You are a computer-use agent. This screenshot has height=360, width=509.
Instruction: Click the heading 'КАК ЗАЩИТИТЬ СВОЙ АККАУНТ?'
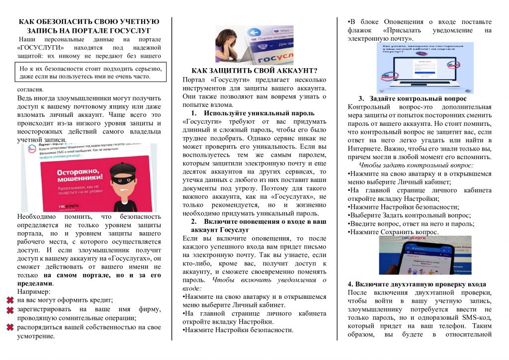pos(254,70)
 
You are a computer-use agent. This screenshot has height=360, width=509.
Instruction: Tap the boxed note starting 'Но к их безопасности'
pos(90,73)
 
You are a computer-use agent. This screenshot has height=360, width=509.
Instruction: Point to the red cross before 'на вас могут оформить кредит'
pos(10,300)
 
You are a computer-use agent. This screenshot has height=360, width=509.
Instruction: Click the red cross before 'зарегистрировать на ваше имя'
pos(10,310)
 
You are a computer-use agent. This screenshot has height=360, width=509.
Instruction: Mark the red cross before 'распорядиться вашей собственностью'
pos(10,327)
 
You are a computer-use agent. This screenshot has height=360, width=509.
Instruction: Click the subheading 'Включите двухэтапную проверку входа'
pos(417,284)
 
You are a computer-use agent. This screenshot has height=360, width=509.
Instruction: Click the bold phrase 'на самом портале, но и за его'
pos(102,274)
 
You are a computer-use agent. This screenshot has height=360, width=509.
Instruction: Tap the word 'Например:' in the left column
pos(35,291)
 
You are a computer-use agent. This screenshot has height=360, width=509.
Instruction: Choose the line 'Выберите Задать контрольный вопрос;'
pos(409,215)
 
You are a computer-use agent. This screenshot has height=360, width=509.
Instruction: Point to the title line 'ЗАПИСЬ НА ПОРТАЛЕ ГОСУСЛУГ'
pos(89,31)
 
